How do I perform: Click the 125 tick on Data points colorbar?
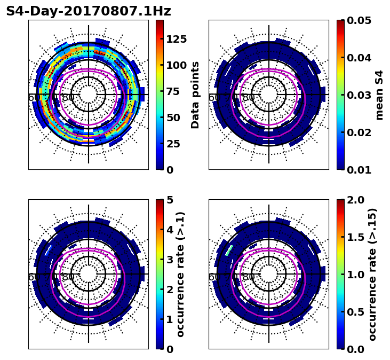[177, 39]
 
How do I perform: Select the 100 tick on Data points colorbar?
[177, 65]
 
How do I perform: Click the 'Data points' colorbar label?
[195, 95]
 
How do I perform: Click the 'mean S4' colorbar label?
[379, 95]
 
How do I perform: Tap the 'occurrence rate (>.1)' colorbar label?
[181, 274]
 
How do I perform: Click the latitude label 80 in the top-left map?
[68, 98]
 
